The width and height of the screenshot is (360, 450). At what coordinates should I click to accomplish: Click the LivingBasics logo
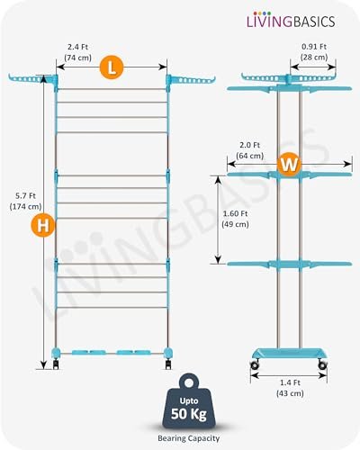point(291,21)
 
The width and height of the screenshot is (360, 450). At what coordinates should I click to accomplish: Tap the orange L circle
point(112,67)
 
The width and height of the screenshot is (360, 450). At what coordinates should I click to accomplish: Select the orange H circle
point(43,225)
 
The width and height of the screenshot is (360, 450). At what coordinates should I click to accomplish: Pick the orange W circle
point(289,164)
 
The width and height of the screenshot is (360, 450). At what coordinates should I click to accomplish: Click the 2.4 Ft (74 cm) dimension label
point(77,52)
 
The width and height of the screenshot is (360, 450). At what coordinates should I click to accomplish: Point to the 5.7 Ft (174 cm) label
point(25,201)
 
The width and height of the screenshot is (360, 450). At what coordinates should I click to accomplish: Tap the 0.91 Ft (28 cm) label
point(314,51)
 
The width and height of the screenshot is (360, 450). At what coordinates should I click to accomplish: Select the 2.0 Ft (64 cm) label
point(249,150)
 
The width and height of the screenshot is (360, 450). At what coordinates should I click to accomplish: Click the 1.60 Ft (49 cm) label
point(235,219)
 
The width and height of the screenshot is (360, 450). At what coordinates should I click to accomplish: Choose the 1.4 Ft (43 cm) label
point(290,388)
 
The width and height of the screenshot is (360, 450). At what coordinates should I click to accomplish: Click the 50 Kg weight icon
point(189,401)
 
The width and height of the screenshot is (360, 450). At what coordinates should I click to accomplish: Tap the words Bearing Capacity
point(189,438)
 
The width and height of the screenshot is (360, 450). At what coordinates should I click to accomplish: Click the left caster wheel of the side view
point(255,364)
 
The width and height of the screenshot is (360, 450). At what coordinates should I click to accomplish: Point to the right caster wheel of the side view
point(322,364)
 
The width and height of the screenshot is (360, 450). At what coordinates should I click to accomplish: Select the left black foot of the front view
point(56,364)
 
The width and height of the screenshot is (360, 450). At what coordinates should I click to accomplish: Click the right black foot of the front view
point(168,364)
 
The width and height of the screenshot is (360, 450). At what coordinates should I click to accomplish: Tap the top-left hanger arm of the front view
point(31,79)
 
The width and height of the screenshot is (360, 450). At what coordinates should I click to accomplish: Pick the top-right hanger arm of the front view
point(191,80)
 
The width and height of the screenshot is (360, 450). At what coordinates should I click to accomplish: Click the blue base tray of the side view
point(289,354)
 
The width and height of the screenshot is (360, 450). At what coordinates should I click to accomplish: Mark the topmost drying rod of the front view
point(112,89)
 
